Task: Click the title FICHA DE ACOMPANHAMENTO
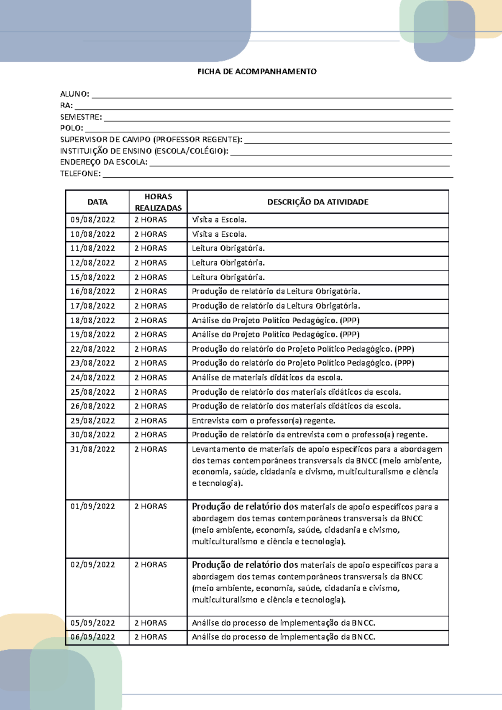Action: [257, 72]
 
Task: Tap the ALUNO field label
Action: [74, 94]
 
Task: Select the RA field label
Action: [67, 105]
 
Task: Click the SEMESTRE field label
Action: [81, 117]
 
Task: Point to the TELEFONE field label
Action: [80, 174]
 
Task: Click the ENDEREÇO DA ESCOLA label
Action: [104, 162]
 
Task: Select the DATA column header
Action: [97, 202]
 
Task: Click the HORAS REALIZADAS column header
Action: [158, 202]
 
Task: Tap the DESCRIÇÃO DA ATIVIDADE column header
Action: [318, 202]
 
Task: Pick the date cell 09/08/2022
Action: [92, 220]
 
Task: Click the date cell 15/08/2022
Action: [92, 277]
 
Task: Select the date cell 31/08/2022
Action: [92, 449]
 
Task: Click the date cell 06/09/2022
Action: [92, 637]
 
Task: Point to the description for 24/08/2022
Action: [267, 378]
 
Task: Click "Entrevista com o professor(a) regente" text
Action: [263, 421]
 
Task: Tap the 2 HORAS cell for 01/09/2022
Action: [151, 506]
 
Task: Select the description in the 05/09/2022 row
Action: [283, 623]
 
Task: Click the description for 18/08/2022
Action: [275, 320]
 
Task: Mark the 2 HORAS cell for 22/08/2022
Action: [151, 349]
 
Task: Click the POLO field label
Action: [72, 128]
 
